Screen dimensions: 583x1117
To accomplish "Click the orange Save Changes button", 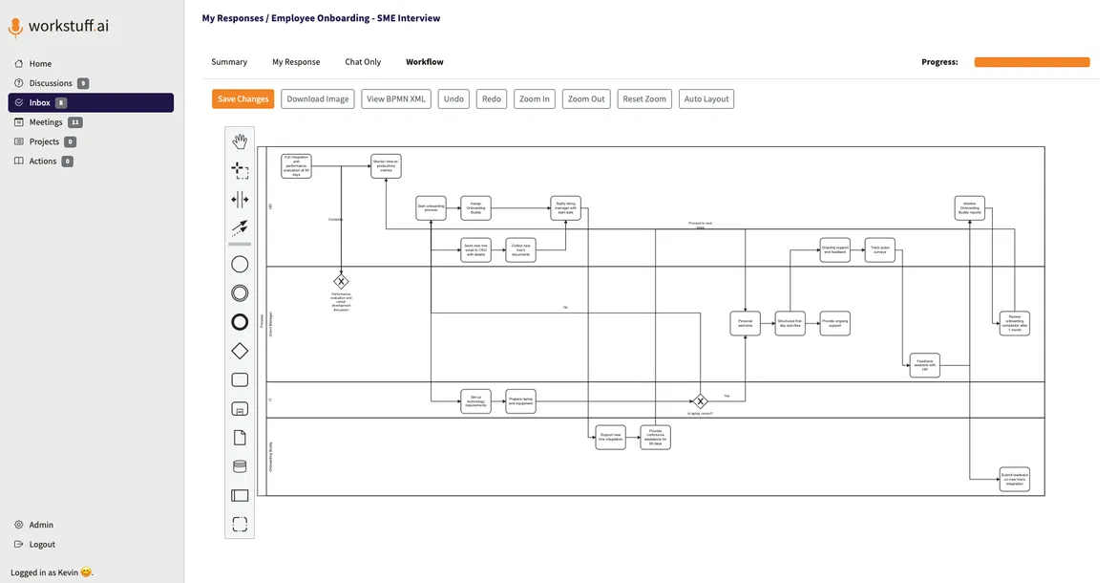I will click(x=243, y=98).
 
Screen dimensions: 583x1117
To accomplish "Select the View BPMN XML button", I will click(x=396, y=98).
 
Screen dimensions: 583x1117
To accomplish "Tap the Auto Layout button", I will click(x=706, y=98).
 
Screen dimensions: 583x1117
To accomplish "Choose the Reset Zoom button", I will click(x=644, y=98).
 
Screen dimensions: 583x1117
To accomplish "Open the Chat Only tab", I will click(x=363, y=62).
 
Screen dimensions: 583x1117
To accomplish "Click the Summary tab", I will click(x=229, y=62).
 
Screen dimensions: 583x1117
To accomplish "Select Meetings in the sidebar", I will click(x=46, y=122).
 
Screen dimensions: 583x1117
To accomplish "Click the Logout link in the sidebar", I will click(x=42, y=544).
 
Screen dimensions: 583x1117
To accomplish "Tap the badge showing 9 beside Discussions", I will click(x=83, y=83).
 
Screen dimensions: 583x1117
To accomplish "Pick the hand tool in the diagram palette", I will click(x=240, y=141).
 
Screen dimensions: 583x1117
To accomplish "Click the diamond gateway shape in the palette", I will click(x=240, y=351).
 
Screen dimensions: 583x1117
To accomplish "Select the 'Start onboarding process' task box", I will click(x=431, y=208).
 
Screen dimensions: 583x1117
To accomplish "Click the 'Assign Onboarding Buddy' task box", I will click(x=475, y=208).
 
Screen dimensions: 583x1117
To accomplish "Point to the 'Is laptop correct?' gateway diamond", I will click(x=700, y=401).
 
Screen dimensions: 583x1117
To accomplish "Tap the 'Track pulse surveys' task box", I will click(x=879, y=250).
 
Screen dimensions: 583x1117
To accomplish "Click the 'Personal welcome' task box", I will click(x=745, y=324).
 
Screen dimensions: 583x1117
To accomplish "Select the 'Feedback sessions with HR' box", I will click(x=924, y=365).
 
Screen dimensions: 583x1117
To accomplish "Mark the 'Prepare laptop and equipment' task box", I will click(x=520, y=401).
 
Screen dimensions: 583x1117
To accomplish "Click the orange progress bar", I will click(x=1031, y=62).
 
